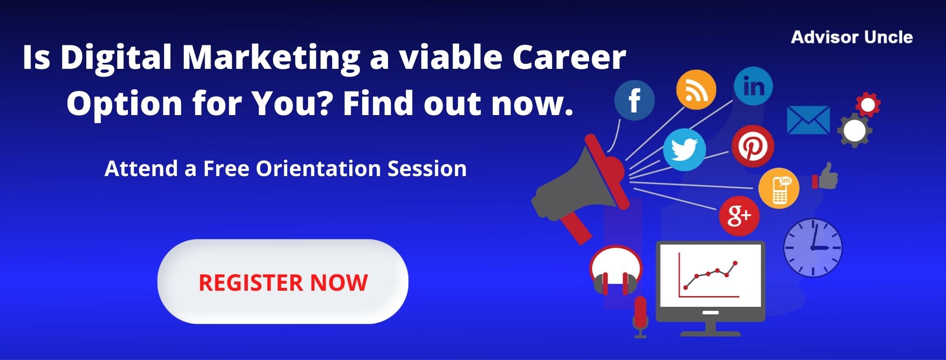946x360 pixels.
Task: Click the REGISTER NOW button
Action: [283, 281]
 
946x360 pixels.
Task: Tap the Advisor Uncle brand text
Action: [852, 37]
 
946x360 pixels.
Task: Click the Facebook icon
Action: [634, 100]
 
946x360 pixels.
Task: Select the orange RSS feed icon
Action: [696, 90]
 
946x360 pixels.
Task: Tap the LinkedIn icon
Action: [753, 86]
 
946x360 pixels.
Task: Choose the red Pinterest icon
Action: [752, 146]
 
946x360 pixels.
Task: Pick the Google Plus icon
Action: [739, 216]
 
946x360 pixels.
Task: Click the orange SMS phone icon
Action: [779, 188]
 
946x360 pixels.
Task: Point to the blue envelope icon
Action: [808, 120]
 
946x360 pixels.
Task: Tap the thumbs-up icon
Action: [825, 177]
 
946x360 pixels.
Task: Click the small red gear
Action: [867, 105]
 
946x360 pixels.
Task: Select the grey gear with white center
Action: [855, 130]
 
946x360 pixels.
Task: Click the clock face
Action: [813, 248]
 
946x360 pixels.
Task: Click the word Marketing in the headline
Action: [271, 58]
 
